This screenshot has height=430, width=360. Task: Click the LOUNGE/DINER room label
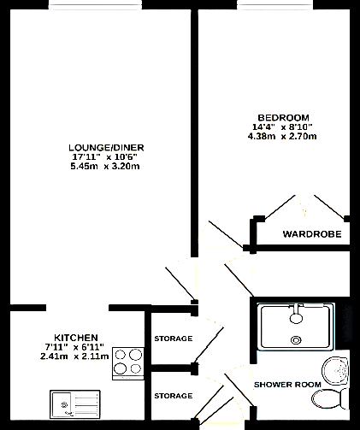point(106,147)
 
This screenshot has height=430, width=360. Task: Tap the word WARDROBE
point(312,233)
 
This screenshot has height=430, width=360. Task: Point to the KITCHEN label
point(75,337)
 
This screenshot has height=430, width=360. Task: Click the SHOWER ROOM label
point(287,385)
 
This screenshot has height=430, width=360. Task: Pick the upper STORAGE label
point(173,339)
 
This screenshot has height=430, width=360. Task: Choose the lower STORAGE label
point(173,396)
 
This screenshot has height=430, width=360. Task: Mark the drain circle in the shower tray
point(297,339)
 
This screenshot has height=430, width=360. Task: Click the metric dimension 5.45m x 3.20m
point(106,166)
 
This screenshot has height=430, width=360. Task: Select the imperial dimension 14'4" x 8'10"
point(281,127)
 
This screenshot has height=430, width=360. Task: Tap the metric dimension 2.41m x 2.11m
point(74,356)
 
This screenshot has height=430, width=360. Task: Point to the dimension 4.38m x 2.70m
point(281,136)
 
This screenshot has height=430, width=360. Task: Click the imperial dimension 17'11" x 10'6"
point(106,156)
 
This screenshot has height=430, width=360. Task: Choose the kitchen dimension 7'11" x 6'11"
point(75,346)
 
